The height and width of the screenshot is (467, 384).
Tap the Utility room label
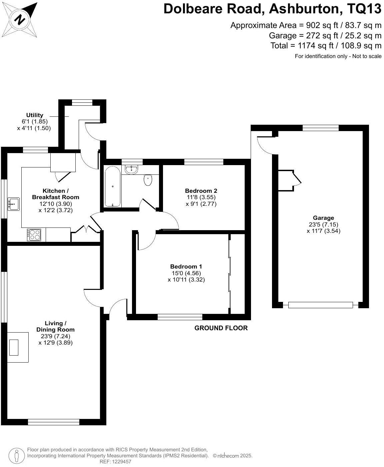click(x=35, y=115)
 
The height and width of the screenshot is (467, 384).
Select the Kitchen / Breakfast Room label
click(x=55, y=194)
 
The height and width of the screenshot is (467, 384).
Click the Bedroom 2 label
click(x=201, y=191)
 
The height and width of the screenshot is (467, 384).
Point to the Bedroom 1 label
click(x=186, y=267)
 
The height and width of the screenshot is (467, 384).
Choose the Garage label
click(x=323, y=218)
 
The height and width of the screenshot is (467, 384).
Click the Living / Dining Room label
click(x=55, y=326)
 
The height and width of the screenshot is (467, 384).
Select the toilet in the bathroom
click(x=148, y=180)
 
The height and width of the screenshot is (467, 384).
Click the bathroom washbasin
click(x=132, y=169)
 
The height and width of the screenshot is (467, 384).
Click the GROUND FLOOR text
click(x=221, y=328)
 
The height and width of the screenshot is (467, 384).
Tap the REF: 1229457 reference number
click(x=116, y=462)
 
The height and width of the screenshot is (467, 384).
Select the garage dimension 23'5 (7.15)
click(x=323, y=224)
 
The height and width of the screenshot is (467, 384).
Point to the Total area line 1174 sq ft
click(x=326, y=45)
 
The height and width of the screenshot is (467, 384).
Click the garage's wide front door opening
click(x=320, y=305)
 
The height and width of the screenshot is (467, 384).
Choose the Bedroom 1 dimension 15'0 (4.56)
click(x=186, y=273)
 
